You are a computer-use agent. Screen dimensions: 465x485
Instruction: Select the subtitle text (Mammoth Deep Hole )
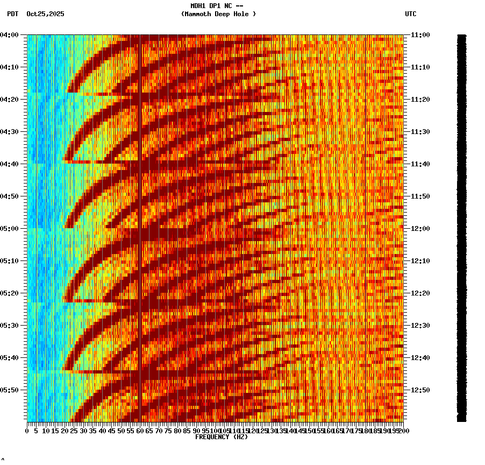click(218, 14)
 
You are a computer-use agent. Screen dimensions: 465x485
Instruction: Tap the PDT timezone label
click(12, 14)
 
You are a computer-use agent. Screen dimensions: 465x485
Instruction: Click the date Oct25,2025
click(45, 14)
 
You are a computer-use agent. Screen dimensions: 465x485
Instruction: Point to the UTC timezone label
click(411, 14)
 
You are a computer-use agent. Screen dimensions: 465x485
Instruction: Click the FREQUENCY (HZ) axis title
click(222, 437)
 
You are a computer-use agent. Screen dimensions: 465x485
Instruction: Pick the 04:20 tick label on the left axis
click(10, 100)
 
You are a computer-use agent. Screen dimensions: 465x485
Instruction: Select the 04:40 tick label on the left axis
click(10, 164)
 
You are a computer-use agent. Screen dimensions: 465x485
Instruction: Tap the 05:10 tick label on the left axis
click(10, 261)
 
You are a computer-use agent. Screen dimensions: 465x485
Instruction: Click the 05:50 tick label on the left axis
click(10, 390)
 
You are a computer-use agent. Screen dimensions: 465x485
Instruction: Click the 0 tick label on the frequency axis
click(27, 431)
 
